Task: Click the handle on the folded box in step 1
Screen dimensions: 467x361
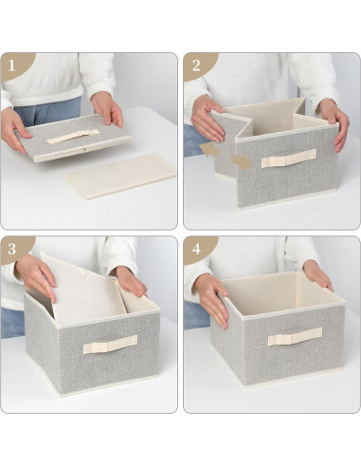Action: click(x=73, y=136)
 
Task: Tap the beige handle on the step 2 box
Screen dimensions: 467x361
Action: click(x=288, y=158)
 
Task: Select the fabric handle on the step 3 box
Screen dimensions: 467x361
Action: click(x=109, y=344)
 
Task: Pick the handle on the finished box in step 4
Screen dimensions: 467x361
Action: click(x=294, y=336)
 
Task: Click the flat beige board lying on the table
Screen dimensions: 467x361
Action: click(x=121, y=176)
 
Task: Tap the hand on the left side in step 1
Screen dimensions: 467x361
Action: click(x=16, y=129)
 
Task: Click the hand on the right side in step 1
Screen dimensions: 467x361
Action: click(x=107, y=109)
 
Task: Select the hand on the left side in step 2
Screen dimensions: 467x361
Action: click(x=207, y=119)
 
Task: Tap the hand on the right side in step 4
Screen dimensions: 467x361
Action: click(x=316, y=274)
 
